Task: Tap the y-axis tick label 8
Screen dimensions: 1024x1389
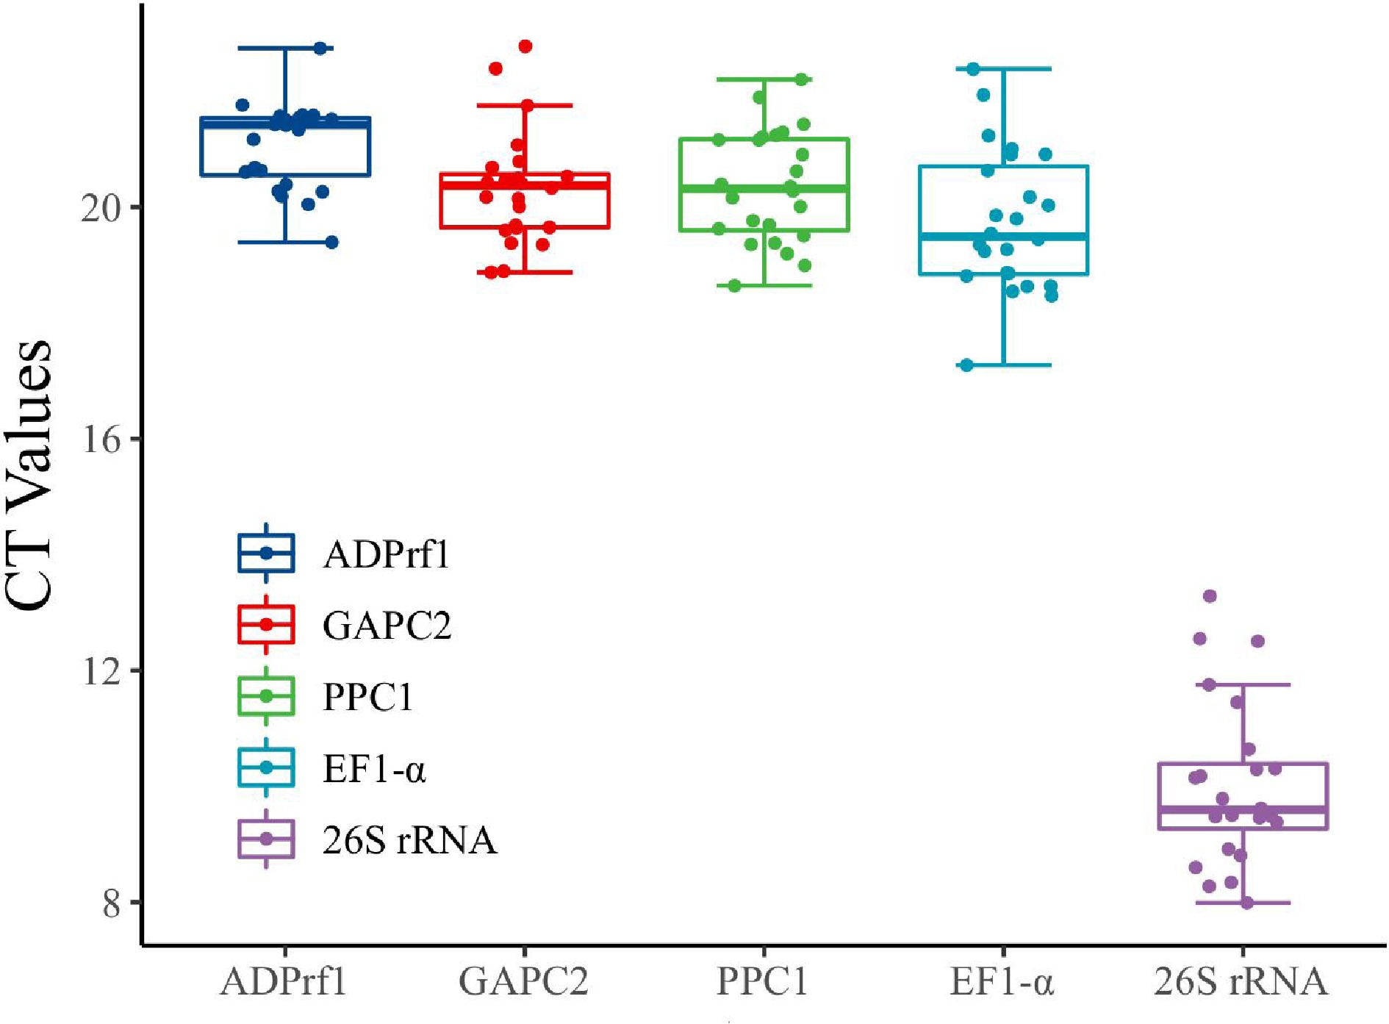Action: pyautogui.click(x=111, y=903)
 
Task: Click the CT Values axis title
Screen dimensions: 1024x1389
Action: pyautogui.click(x=29, y=474)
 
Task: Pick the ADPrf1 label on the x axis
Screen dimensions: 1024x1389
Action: pyautogui.click(x=284, y=981)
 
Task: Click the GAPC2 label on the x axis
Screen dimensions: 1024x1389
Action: pyautogui.click(x=523, y=981)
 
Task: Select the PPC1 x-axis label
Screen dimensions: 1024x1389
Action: pyautogui.click(x=762, y=981)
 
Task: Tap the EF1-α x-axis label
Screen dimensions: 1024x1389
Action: pyautogui.click(x=1002, y=981)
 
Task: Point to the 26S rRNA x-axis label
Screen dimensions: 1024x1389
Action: pyautogui.click(x=1241, y=981)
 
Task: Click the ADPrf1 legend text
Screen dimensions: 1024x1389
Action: pyautogui.click(x=386, y=554)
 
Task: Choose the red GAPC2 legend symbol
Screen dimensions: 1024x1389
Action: pyautogui.click(x=266, y=624)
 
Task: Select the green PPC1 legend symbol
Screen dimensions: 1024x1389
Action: pyautogui.click(x=266, y=695)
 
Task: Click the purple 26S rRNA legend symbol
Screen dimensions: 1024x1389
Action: pyautogui.click(x=266, y=839)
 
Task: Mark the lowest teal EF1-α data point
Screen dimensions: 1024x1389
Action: pyautogui.click(x=966, y=365)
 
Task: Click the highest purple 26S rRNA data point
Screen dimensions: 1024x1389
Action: pyautogui.click(x=1210, y=595)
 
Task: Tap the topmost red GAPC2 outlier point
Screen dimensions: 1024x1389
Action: pyautogui.click(x=525, y=46)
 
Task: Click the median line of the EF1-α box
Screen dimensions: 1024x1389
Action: pyautogui.click(x=1003, y=236)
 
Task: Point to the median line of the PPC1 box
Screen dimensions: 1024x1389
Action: pyautogui.click(x=764, y=189)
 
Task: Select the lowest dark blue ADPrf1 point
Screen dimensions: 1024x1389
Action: pyautogui.click(x=331, y=242)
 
